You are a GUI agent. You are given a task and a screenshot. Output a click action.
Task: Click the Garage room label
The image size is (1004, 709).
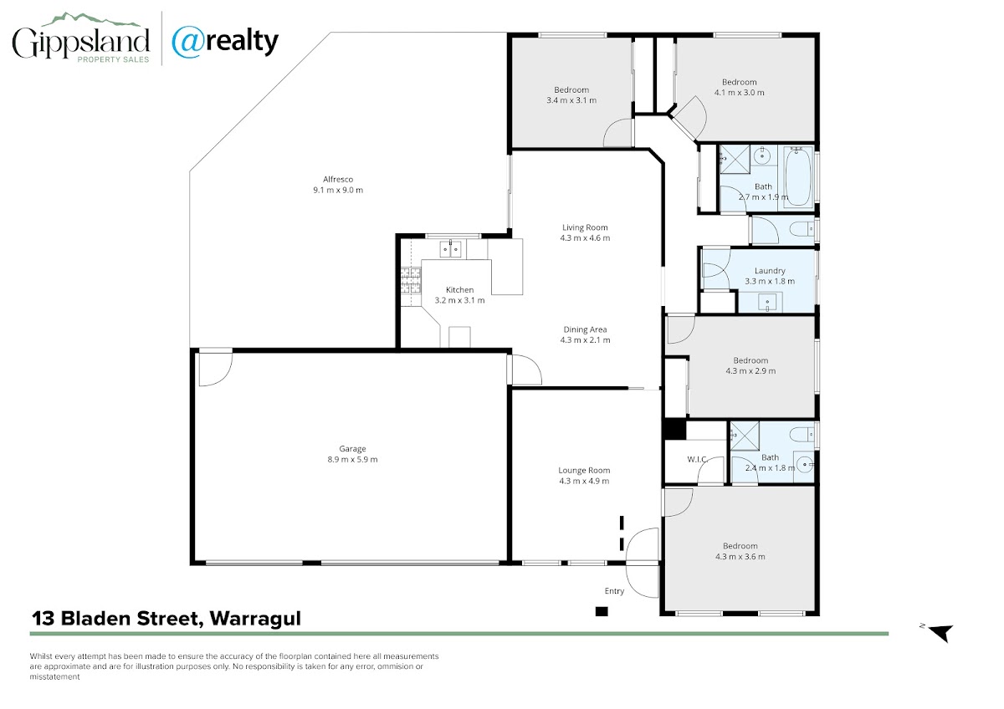point(352,448)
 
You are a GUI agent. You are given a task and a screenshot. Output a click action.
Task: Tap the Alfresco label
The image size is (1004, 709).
point(338,179)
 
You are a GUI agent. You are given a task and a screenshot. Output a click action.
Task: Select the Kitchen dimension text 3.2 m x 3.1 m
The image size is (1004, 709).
point(459,300)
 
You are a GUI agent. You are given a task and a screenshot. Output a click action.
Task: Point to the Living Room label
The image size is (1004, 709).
point(585,227)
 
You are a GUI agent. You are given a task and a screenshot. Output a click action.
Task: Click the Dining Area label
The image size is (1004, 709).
point(585,329)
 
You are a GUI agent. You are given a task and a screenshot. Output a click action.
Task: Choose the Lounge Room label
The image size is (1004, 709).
point(584,470)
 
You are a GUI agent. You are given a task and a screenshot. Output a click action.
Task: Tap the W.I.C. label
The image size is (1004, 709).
point(697,459)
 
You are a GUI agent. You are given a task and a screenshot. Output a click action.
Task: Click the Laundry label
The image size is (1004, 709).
point(770,271)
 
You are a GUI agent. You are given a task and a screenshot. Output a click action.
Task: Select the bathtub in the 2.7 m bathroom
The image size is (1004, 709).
point(798,177)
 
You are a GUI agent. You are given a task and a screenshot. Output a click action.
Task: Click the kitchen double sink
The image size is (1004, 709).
point(450,249)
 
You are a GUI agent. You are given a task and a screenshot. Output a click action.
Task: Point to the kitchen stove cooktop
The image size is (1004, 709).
point(411,280)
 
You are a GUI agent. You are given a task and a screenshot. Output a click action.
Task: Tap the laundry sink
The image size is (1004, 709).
point(767,303)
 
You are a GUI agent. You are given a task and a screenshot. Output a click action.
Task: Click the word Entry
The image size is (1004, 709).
point(614,591)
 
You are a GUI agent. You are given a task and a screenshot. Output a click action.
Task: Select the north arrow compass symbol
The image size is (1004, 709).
point(940,633)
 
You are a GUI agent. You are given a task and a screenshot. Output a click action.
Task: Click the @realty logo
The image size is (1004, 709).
point(225,42)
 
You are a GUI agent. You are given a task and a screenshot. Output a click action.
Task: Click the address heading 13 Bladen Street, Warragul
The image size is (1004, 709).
point(166,619)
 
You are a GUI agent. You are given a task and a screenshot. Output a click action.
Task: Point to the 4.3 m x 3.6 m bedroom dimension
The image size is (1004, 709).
point(740,557)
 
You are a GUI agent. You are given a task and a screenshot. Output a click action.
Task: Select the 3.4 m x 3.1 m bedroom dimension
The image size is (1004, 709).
point(571,100)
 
